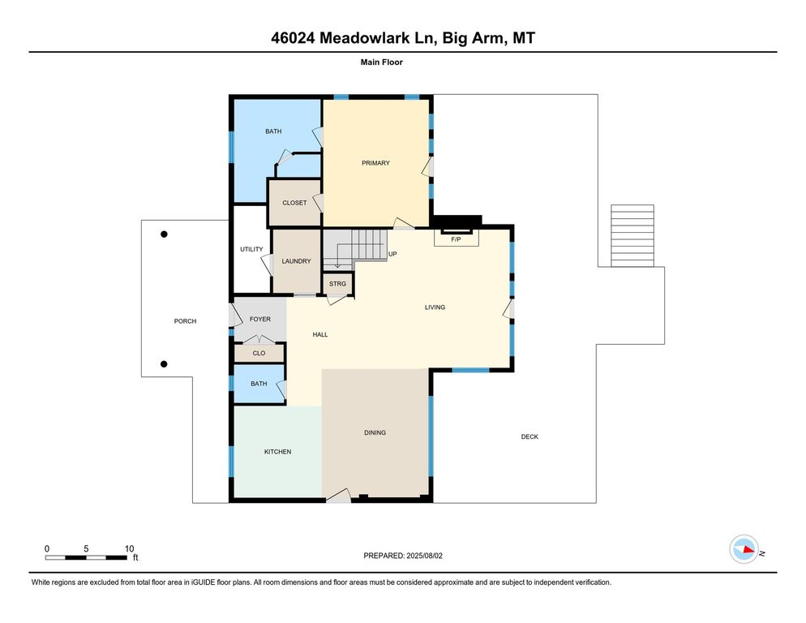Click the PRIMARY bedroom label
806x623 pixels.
click(375, 163)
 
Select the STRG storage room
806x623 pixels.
click(337, 284)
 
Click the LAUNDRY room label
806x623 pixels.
click(296, 261)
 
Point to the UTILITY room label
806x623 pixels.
click(251, 249)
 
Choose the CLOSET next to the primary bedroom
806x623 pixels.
click(294, 203)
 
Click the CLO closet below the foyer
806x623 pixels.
click(259, 353)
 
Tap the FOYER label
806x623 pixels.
click(259, 319)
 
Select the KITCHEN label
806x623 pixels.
click(277, 452)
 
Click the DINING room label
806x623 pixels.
click(375, 432)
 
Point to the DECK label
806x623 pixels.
click(529, 437)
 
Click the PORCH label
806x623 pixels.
click(185, 321)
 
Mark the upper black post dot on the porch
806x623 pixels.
click(164, 234)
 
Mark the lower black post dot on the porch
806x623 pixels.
click(164, 364)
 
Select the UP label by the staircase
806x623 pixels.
click(392, 254)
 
